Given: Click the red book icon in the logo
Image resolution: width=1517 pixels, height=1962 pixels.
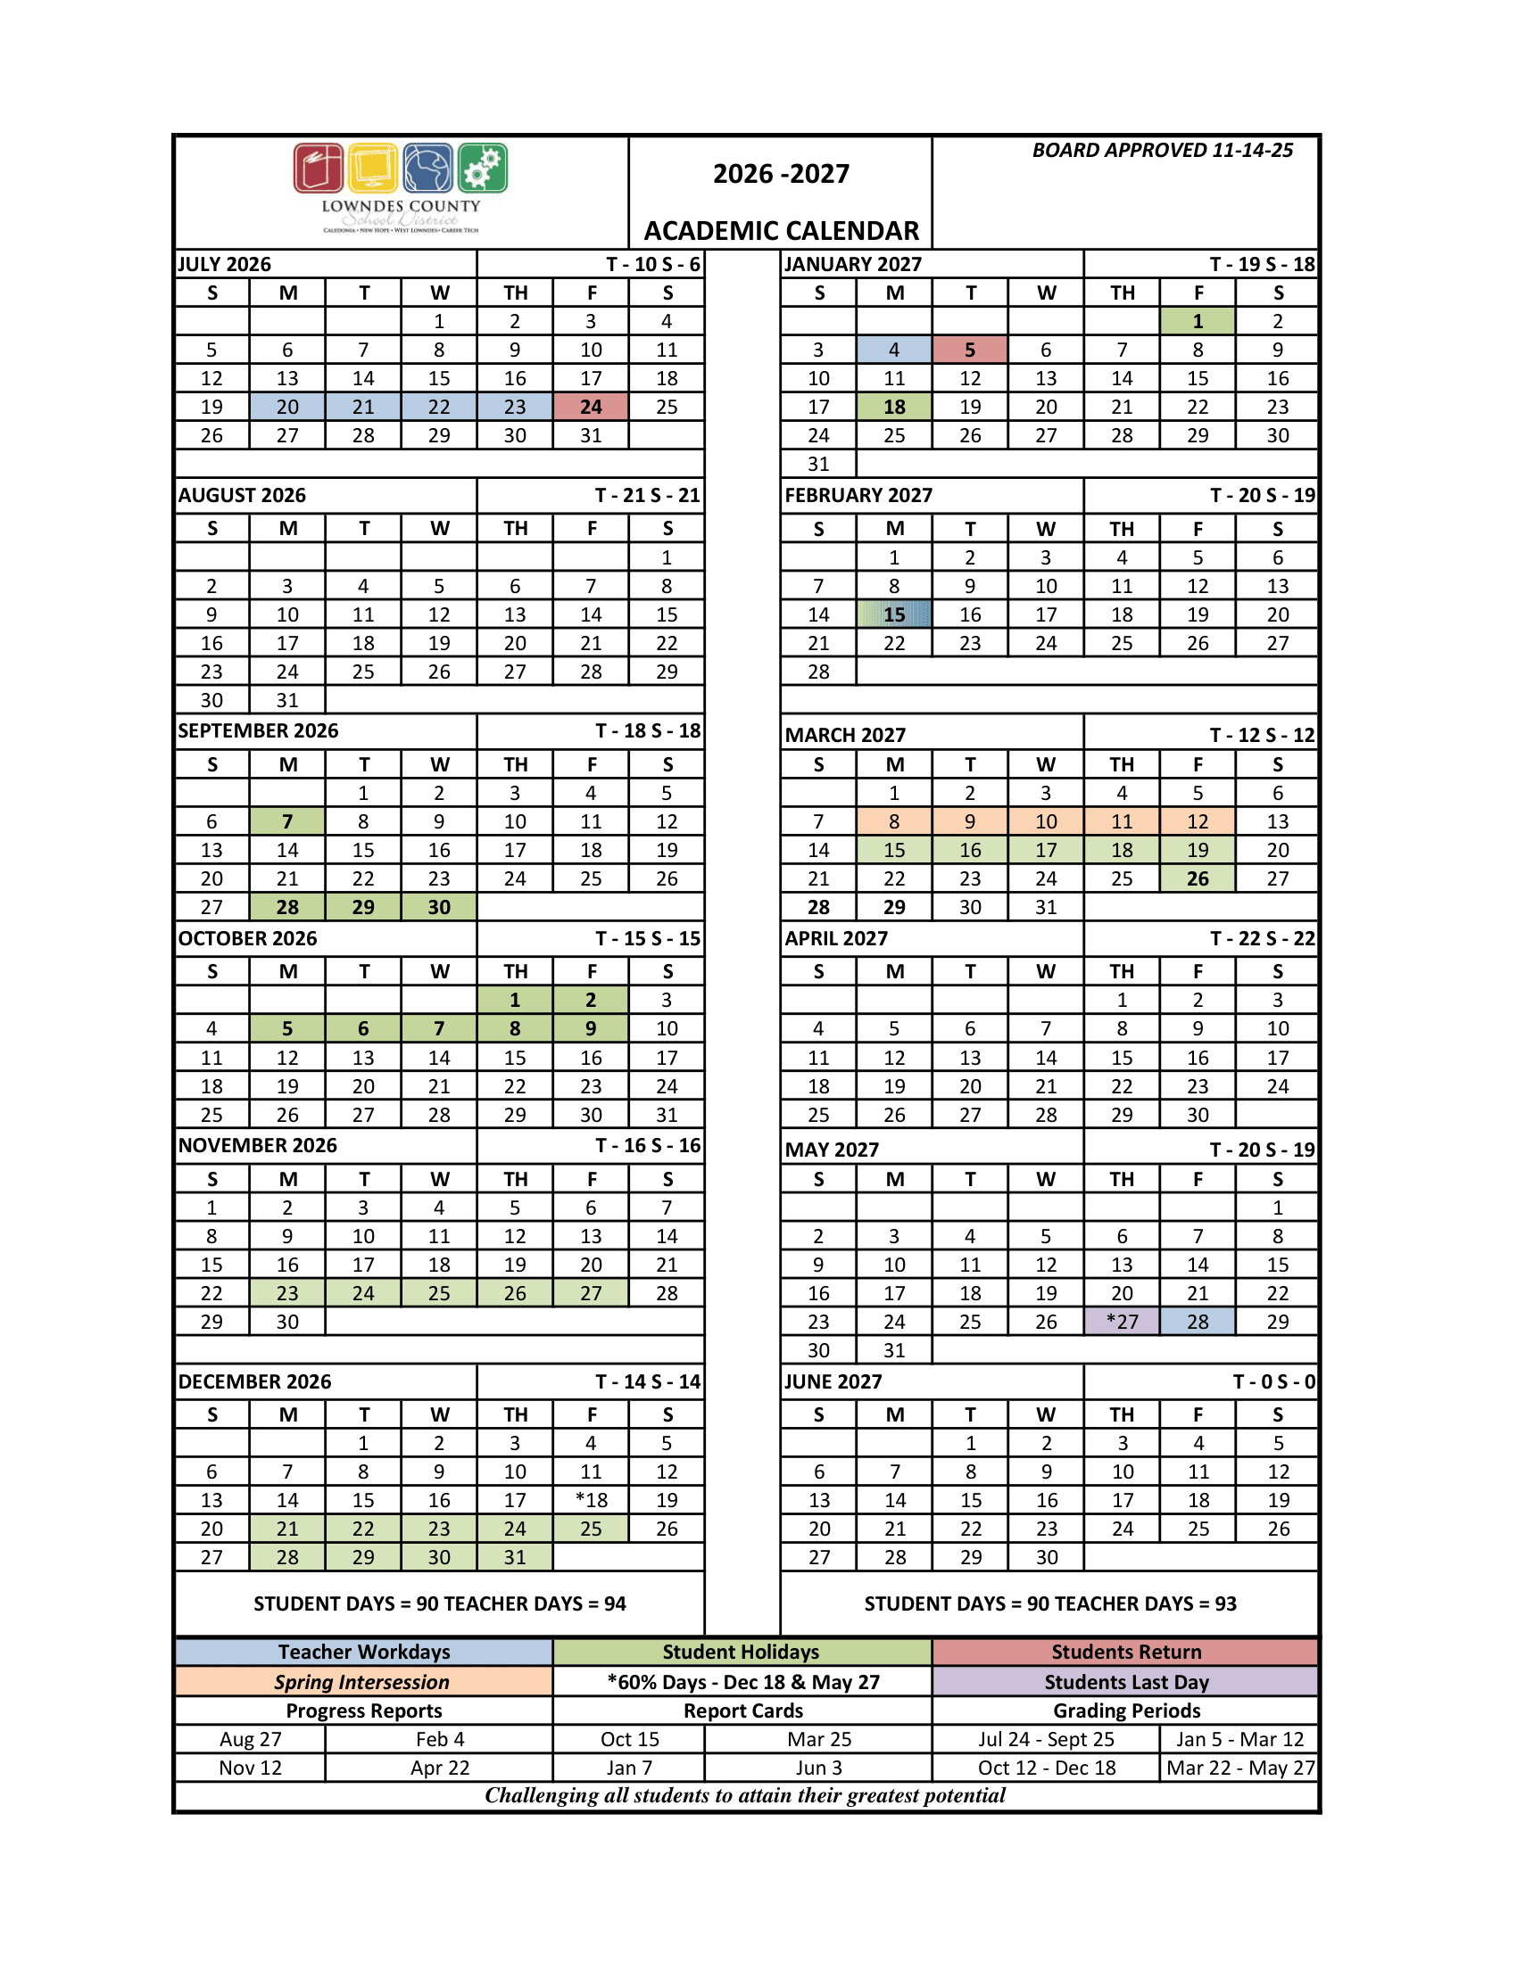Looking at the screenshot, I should click(x=319, y=168).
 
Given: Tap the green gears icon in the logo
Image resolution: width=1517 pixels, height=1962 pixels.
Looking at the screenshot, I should click(x=483, y=168).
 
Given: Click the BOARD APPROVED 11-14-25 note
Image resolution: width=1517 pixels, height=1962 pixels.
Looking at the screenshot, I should click(x=1162, y=150).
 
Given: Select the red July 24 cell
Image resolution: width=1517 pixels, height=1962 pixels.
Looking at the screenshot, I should click(x=591, y=407).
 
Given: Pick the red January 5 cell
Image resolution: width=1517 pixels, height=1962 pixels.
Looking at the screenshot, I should click(x=970, y=350).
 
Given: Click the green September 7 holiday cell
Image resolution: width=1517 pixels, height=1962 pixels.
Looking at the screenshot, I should click(x=287, y=821).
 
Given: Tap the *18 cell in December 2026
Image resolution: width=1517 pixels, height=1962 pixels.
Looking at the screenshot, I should click(x=591, y=1499).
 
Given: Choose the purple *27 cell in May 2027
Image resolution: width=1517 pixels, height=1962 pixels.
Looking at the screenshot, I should click(x=1122, y=1322).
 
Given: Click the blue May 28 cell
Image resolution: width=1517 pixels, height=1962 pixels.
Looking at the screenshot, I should click(x=1197, y=1322).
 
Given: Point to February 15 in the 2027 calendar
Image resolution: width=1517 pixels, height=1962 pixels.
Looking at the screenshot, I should click(x=894, y=614).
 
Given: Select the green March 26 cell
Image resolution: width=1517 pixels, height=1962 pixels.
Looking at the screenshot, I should click(x=1197, y=878).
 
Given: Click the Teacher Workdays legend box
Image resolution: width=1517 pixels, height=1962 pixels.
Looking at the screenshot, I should click(x=364, y=1651).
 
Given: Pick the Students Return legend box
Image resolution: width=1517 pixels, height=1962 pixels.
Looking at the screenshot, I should click(x=1125, y=1651).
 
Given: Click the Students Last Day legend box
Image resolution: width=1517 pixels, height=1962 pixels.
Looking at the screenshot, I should click(x=1125, y=1682).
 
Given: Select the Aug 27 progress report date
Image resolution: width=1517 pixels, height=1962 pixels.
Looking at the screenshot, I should click(x=251, y=1739).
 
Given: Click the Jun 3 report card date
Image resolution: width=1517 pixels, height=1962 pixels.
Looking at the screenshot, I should click(x=818, y=1768).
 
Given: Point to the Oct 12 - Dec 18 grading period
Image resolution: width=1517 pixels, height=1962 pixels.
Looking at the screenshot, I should click(x=1046, y=1768).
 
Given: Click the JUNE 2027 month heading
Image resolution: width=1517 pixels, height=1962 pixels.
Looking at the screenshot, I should click(x=833, y=1381).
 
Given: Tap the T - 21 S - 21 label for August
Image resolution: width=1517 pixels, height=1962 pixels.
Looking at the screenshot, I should click(x=647, y=495).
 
